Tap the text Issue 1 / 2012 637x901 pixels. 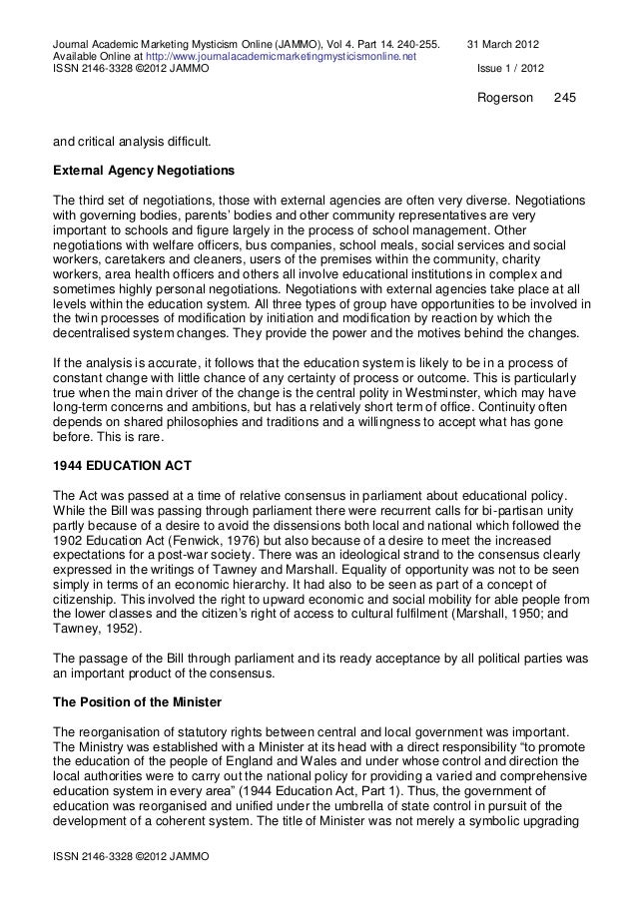[512, 69]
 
